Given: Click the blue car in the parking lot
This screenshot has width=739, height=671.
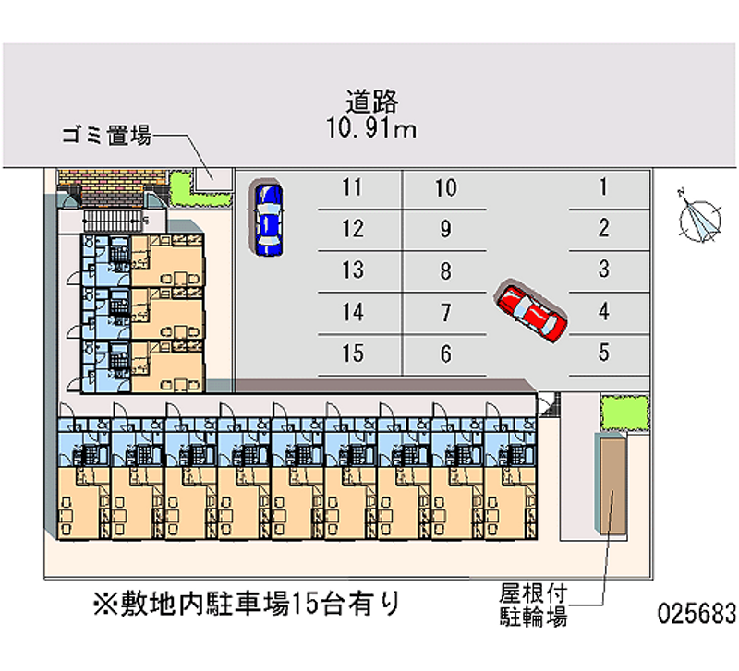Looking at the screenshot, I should pyautogui.click(x=268, y=218).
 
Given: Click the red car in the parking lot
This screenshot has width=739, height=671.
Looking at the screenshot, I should pyautogui.click(x=530, y=312).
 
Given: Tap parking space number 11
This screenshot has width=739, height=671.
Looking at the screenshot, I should pyautogui.click(x=351, y=188).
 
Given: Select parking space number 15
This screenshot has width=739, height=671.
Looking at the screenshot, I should pyautogui.click(x=352, y=353).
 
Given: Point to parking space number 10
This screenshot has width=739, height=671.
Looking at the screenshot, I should pyautogui.click(x=445, y=188).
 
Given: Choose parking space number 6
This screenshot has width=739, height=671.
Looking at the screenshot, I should pyautogui.click(x=445, y=353).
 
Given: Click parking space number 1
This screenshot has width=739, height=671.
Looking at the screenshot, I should pyautogui.click(x=603, y=188).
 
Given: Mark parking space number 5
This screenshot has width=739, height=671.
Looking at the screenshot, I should pyautogui.click(x=603, y=352).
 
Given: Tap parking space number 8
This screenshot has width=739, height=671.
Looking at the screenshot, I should pyautogui.click(x=445, y=271).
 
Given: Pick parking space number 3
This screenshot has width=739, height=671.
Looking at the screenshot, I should pyautogui.click(x=603, y=270).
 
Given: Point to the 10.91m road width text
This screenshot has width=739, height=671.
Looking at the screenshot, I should pyautogui.click(x=370, y=128).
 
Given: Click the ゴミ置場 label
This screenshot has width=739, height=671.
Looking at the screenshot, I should pyautogui.click(x=105, y=137).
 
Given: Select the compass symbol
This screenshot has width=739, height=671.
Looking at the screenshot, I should pyautogui.click(x=698, y=219).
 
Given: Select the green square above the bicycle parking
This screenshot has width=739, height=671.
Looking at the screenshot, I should pyautogui.click(x=624, y=412).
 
